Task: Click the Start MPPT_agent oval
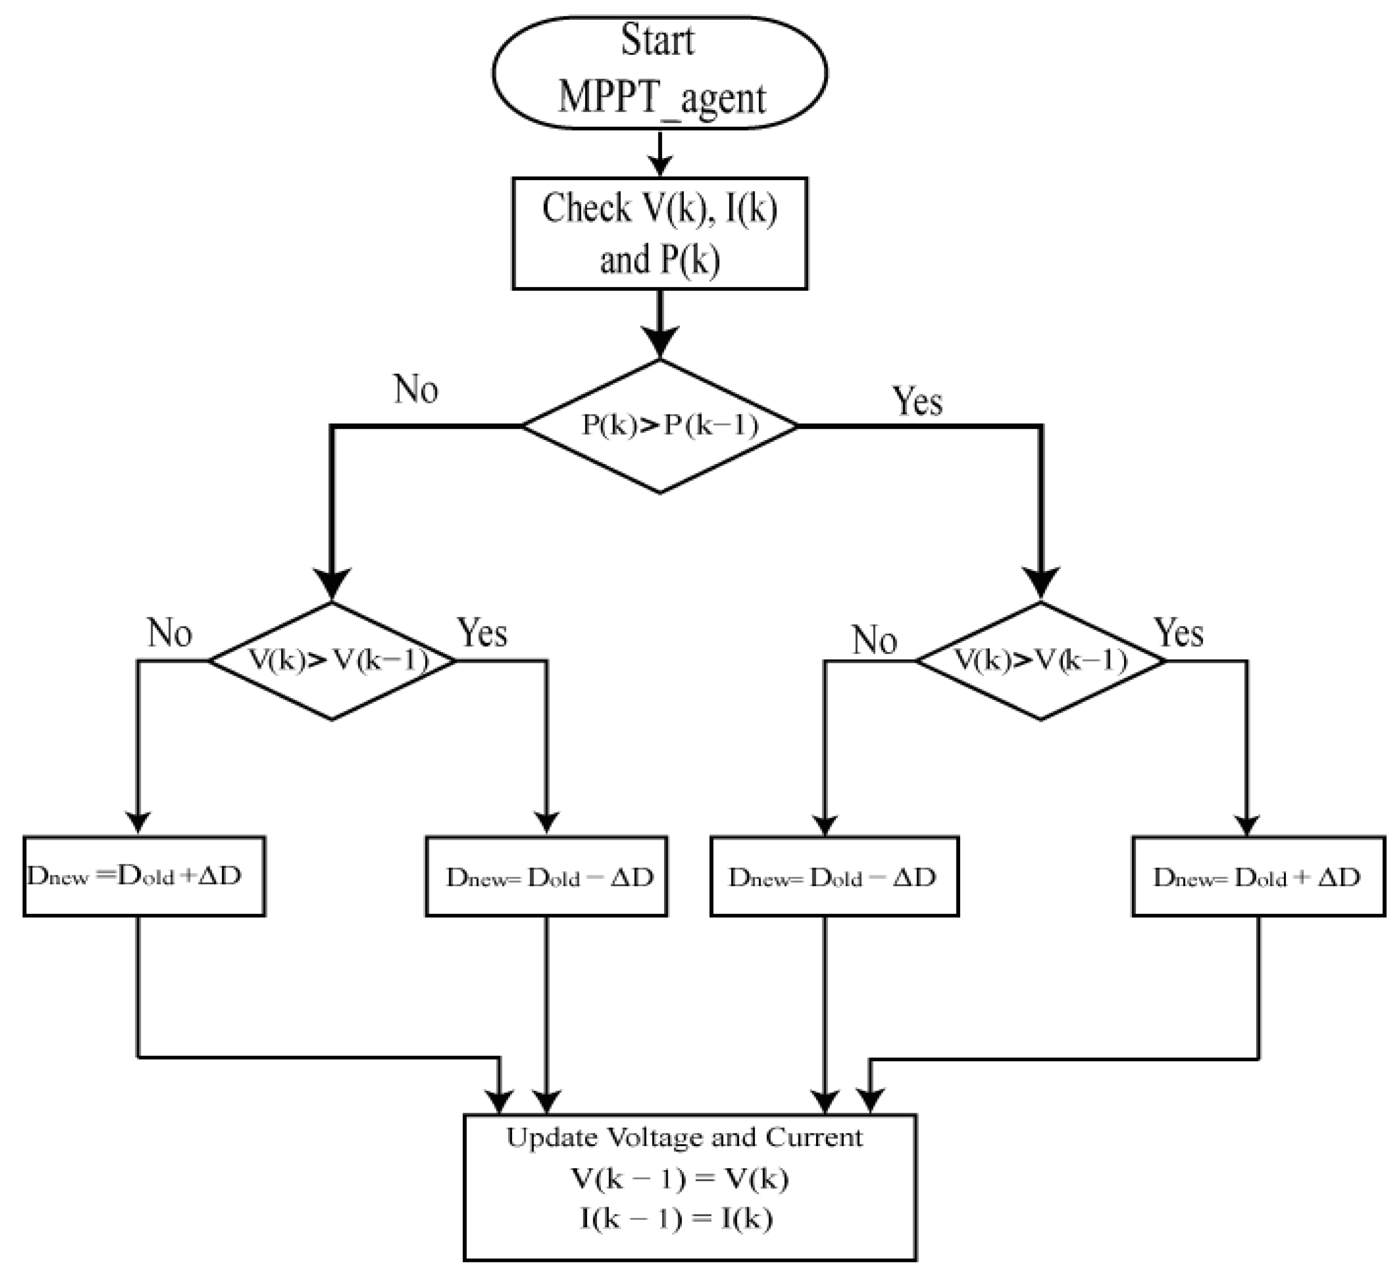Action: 659,72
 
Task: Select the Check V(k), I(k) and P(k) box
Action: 659,234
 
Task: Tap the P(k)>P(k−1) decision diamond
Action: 659,426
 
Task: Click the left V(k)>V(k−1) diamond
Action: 332,661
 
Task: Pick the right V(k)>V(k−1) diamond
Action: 1040,661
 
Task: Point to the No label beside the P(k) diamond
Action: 416,389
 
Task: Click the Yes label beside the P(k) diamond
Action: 917,401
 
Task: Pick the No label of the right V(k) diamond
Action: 874,639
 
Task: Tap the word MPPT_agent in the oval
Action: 662,98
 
